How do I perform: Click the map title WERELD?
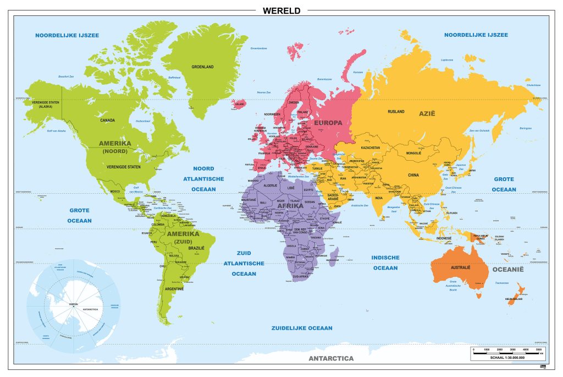281,10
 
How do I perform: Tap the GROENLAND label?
202,67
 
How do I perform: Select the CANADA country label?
107,119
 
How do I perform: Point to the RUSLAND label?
396,112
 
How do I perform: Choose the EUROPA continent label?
328,122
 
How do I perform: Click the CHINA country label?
413,175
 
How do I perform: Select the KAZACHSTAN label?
371,148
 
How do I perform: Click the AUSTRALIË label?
461,267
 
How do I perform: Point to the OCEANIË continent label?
507,270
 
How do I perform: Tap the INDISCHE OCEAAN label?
385,263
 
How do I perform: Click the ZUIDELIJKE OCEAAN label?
301,328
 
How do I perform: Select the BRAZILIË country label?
197,248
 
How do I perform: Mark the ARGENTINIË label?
174,289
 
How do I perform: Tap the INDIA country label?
379,198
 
